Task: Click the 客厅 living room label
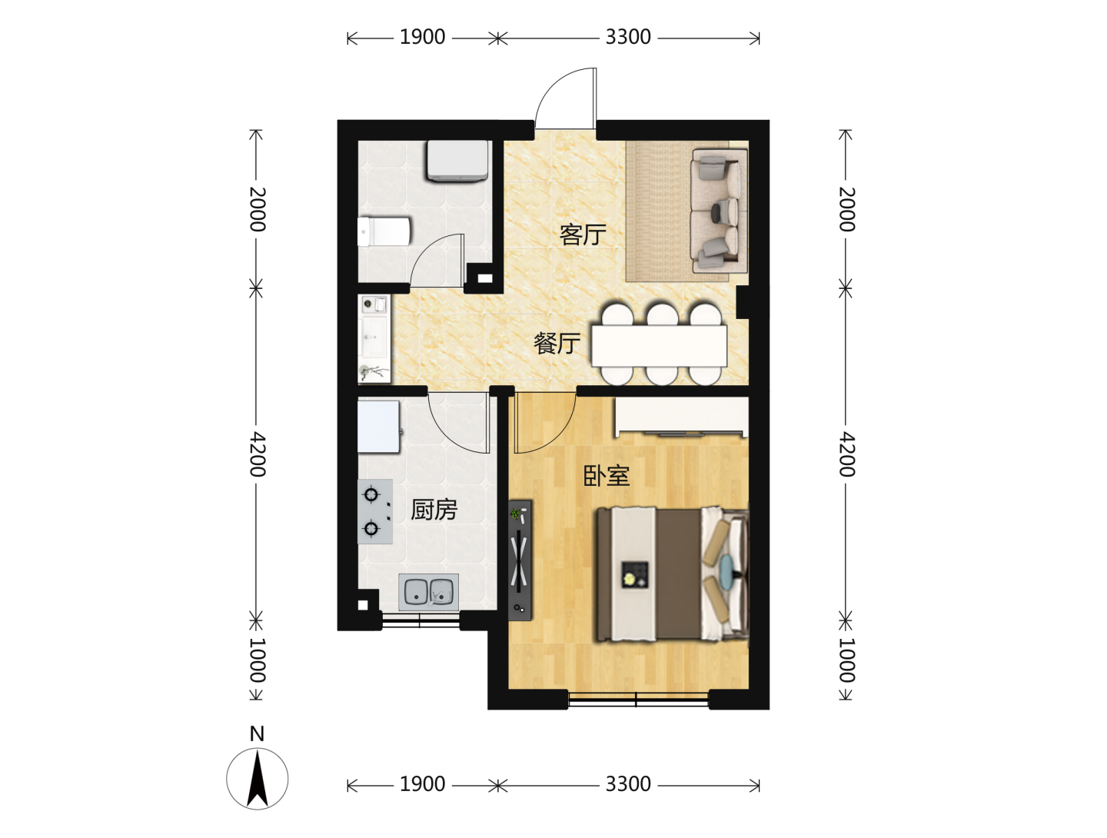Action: pos(583,235)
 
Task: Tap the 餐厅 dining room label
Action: pos(557,344)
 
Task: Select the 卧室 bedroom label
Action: pos(607,475)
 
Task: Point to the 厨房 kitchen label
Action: pos(434,510)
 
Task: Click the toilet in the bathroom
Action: pos(384,232)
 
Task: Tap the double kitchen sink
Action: pos(429,591)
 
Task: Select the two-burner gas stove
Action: pos(375,511)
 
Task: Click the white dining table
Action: pos(659,345)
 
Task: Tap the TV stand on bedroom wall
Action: pos(520,560)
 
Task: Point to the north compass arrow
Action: pos(258,779)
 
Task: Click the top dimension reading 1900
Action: pos(422,38)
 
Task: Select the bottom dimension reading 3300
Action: pos(628,784)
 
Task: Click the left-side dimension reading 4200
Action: pos(257,454)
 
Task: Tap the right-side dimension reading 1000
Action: pos(846,660)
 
